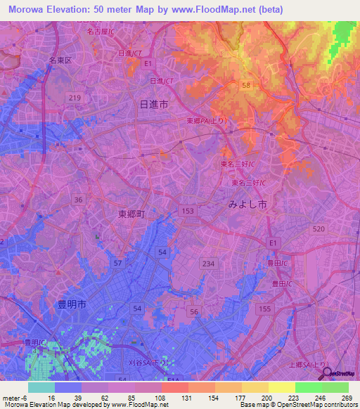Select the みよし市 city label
coord(247,204)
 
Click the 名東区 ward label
coord(60,60)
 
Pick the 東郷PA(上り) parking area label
coord(207,121)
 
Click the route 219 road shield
coord(76,96)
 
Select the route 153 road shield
coord(188,211)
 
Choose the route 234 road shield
coord(207,263)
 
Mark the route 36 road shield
coord(79,200)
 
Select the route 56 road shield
coord(195,311)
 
